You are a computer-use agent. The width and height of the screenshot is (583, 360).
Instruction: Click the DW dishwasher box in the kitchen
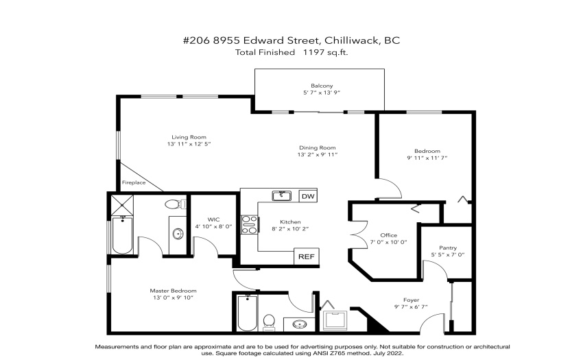pyautogui.click(x=308, y=196)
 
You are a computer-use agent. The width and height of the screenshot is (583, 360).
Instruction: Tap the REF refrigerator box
pyautogui.click(x=307, y=256)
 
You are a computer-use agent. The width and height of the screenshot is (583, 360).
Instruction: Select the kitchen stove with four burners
pyautogui.click(x=250, y=225)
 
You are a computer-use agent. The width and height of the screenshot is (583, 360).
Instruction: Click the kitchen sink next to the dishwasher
pyautogui.click(x=281, y=195)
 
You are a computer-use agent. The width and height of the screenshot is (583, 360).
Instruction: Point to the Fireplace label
pyautogui.click(x=134, y=182)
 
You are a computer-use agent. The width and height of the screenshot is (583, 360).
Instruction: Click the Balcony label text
pyautogui.click(x=322, y=86)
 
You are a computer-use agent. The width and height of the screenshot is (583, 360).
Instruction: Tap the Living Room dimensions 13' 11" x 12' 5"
pyautogui.click(x=189, y=144)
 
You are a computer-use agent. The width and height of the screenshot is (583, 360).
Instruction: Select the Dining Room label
pyautogui.click(x=317, y=147)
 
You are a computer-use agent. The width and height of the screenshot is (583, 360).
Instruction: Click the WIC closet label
pyautogui.click(x=213, y=219)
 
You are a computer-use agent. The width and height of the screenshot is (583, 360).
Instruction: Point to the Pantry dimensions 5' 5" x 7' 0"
pyautogui.click(x=448, y=255)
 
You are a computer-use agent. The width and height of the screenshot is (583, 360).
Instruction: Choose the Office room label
pyautogui.click(x=388, y=235)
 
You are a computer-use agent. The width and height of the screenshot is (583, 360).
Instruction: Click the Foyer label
pyautogui.click(x=412, y=300)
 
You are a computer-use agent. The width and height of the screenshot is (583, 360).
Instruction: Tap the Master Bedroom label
pyautogui.click(x=174, y=291)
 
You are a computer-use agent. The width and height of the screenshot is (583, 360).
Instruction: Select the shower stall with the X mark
pyautogui.click(x=122, y=205)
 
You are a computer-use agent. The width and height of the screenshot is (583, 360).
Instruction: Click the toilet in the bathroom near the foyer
pyautogui.click(x=269, y=323)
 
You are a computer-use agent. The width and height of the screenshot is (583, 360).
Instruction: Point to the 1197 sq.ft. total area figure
pyautogui.click(x=325, y=52)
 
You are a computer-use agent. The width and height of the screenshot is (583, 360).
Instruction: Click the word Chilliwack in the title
pyautogui.click(x=351, y=40)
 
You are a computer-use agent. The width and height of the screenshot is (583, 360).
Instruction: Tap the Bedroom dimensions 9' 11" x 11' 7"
pyautogui.click(x=427, y=158)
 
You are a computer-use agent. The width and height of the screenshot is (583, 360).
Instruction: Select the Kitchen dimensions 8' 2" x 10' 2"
pyautogui.click(x=290, y=229)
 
